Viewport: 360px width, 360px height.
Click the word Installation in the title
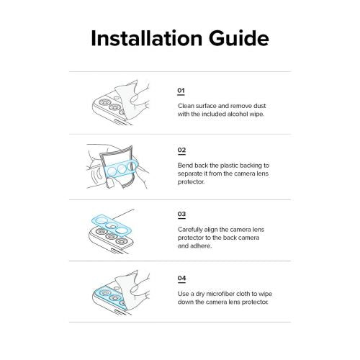[147, 38]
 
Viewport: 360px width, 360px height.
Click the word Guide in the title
[239, 38]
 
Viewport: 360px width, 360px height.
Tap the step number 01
[181, 91]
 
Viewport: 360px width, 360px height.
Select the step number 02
[181, 150]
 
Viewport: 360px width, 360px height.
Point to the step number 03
[181, 214]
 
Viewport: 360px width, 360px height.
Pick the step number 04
[181, 278]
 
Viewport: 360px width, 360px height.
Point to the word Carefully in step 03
[190, 230]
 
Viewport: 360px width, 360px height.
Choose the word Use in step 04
[183, 294]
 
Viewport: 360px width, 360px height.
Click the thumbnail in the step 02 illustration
[110, 183]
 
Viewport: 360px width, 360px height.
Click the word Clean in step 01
[186, 106]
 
